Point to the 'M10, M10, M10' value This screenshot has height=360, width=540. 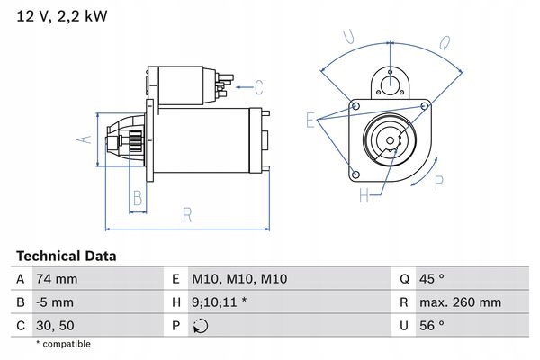[242, 280]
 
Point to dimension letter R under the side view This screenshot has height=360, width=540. [187, 214]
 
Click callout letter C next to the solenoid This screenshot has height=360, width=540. [258, 87]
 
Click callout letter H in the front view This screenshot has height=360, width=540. [364, 195]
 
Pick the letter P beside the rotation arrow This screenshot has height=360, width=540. [438, 183]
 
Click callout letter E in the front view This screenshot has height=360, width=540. [310, 120]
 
